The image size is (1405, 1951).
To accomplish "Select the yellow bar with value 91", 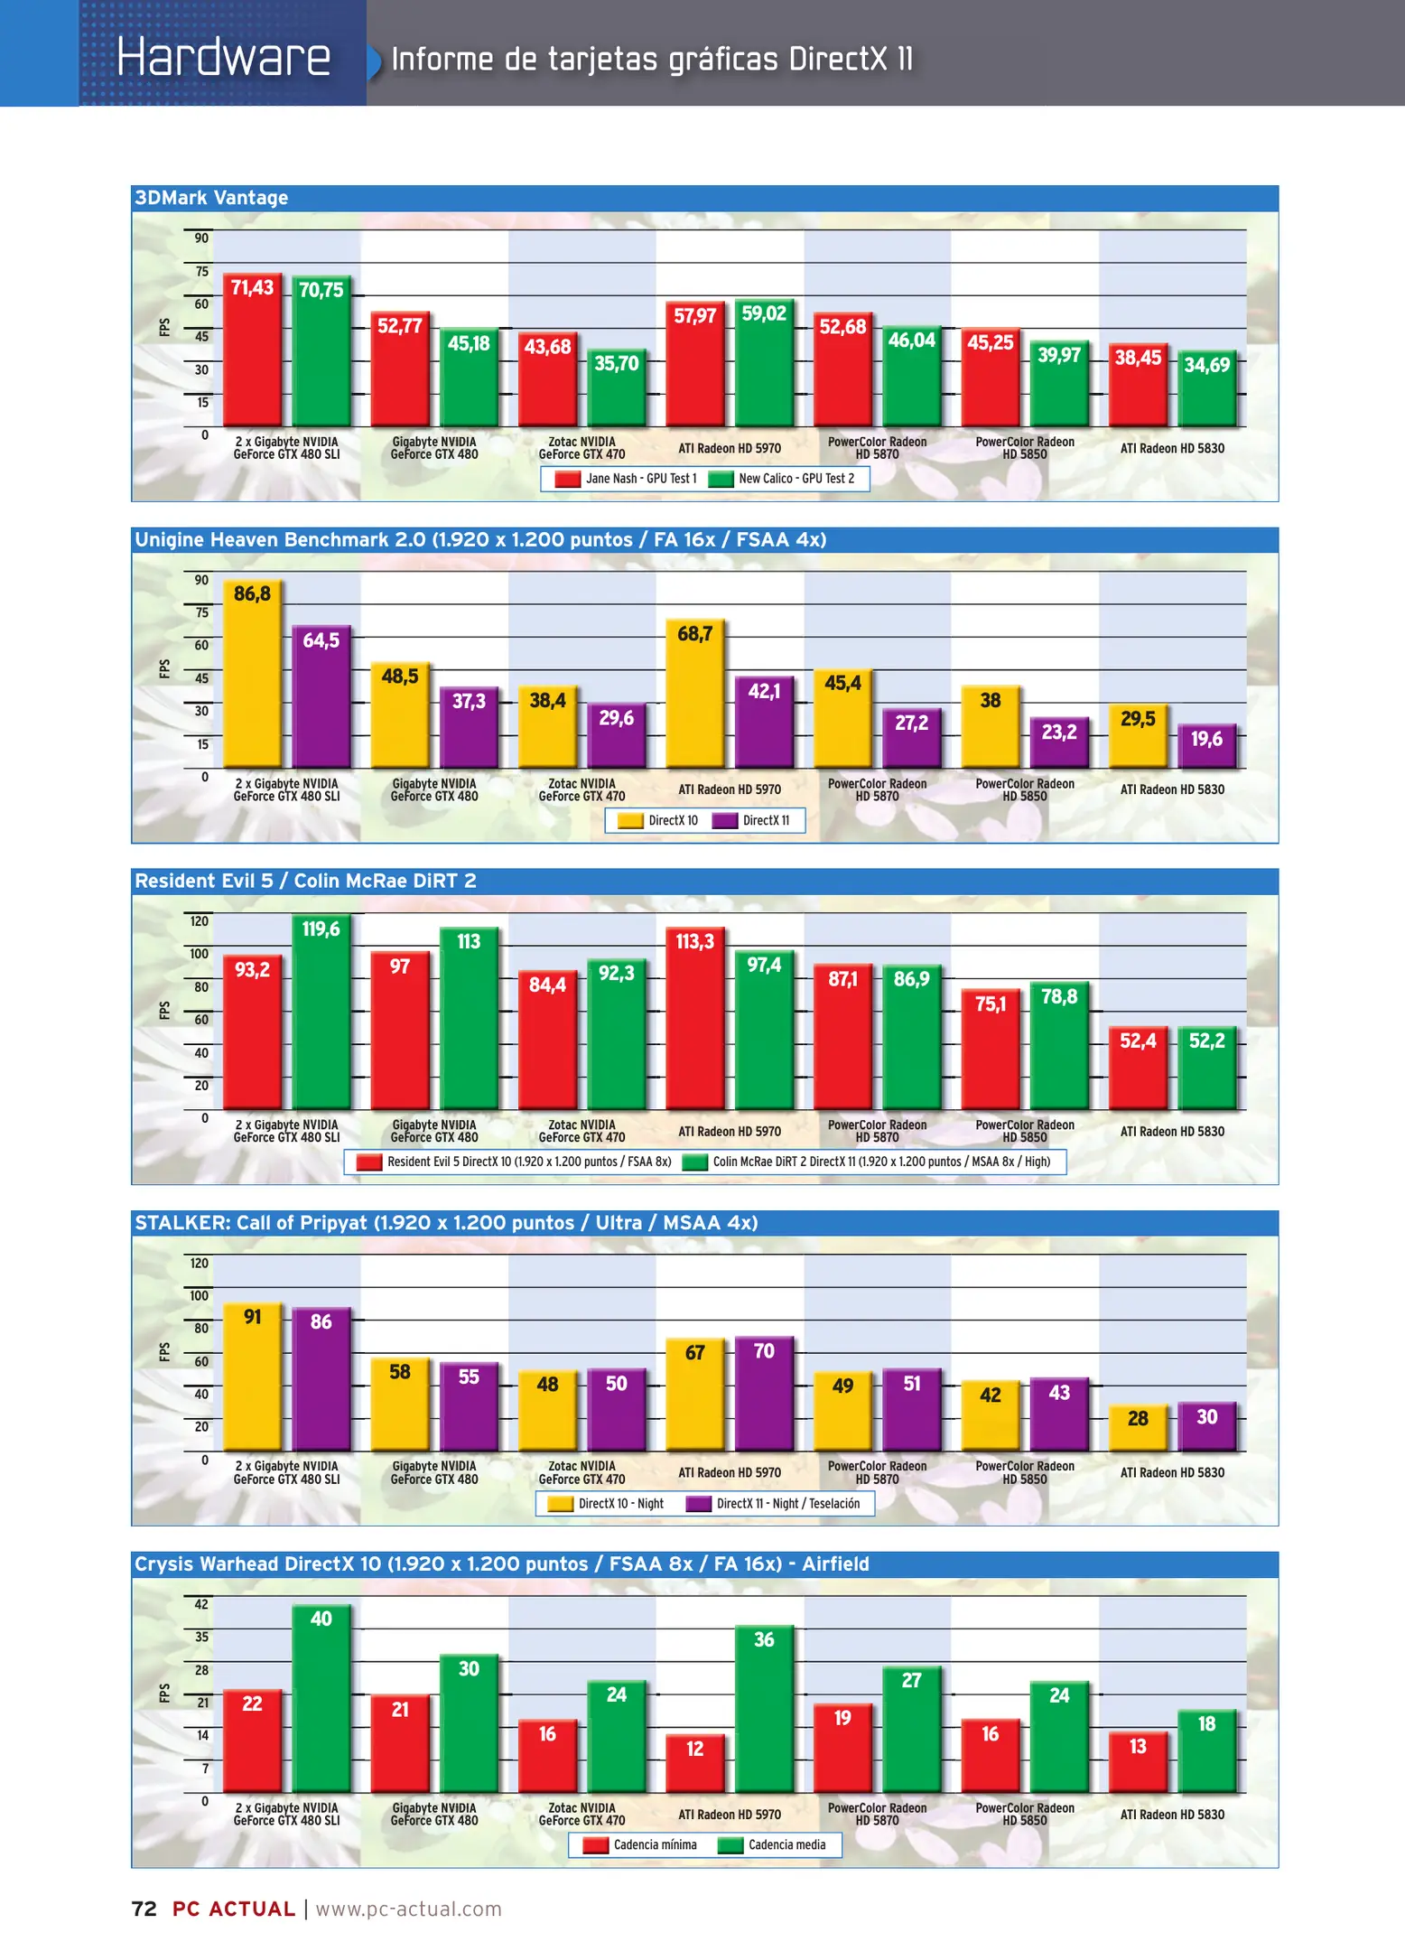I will [x=252, y=1377].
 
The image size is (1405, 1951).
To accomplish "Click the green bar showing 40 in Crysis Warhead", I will [x=321, y=1699].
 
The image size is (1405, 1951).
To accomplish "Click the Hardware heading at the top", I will [x=223, y=57].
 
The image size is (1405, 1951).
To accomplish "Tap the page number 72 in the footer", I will [x=144, y=1909].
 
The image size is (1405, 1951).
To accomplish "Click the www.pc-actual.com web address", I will [x=408, y=1909].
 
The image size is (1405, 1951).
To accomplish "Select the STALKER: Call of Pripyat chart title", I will [x=446, y=1223].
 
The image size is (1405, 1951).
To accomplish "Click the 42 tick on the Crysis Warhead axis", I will [x=201, y=1604].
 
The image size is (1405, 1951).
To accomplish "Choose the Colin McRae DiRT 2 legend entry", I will [x=867, y=1162].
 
